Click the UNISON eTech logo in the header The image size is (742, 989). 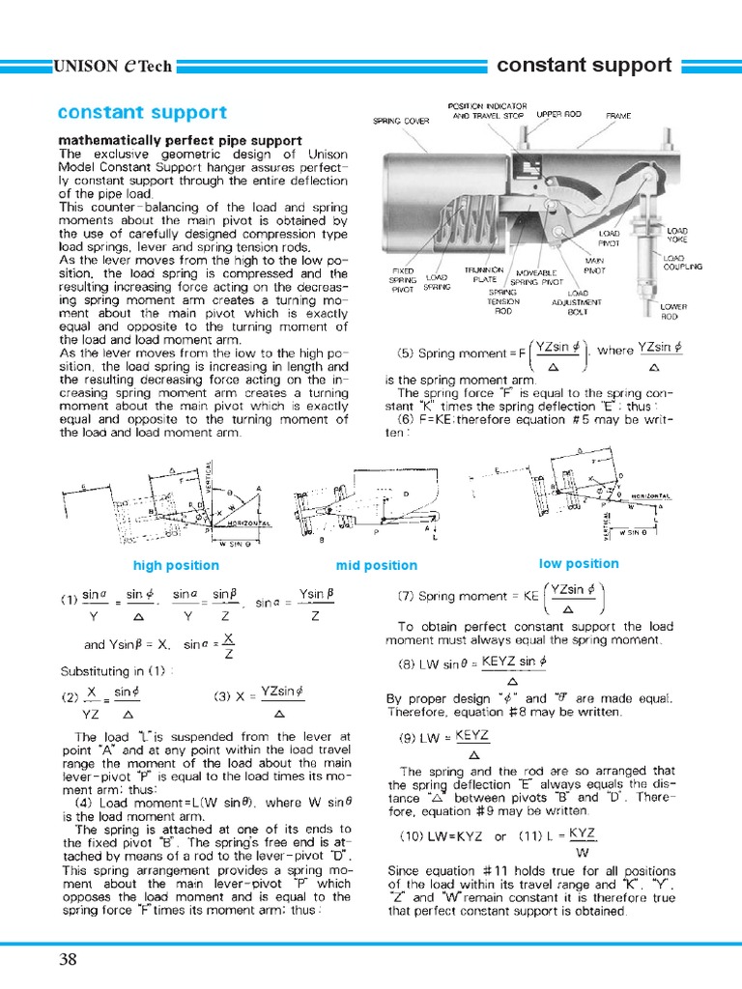[113, 67]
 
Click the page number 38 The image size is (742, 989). [69, 959]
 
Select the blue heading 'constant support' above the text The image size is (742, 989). [142, 113]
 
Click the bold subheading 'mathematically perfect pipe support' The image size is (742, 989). [181, 141]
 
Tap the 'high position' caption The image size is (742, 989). [176, 565]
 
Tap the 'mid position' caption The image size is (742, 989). [377, 565]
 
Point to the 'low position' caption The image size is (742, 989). [579, 563]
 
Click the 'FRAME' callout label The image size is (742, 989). [618, 115]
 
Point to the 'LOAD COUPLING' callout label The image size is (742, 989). [683, 262]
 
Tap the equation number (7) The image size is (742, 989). [406, 597]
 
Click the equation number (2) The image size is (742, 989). [70, 696]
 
